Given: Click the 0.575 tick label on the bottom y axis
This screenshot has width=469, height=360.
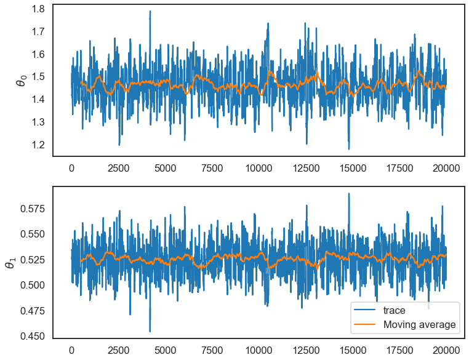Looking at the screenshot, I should point(30,209).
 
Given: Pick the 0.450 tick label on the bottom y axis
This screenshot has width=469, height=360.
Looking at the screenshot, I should point(30,336).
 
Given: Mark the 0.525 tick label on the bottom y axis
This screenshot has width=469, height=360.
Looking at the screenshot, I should point(30,260).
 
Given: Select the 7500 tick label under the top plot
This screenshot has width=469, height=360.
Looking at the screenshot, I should point(212,169).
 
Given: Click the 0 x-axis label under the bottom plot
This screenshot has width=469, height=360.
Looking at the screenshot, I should point(71,351).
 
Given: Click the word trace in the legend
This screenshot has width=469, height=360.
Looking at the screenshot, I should point(395,311).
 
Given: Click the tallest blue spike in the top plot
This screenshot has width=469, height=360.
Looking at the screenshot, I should point(150,11).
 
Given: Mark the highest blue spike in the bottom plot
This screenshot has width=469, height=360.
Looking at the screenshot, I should point(349,194).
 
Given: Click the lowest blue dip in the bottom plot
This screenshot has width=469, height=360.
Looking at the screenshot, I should point(150,331).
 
